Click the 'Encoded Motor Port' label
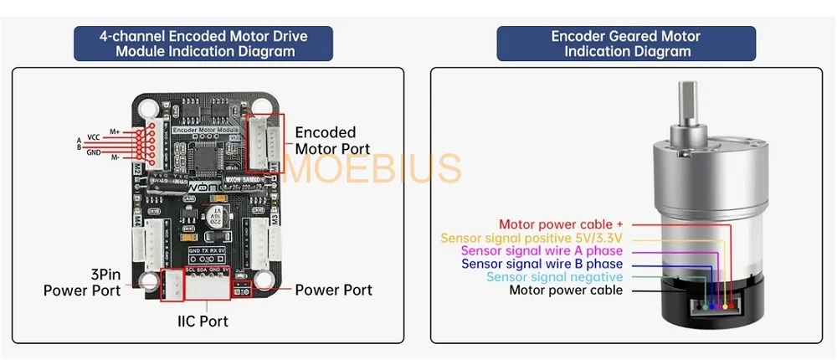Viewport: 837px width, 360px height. pyautogui.click(x=326, y=141)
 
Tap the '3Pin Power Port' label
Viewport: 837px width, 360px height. pyautogui.click(x=82, y=282)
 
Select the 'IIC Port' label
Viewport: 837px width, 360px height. pyautogui.click(x=202, y=321)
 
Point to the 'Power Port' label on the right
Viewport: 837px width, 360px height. pyautogui.click(x=333, y=290)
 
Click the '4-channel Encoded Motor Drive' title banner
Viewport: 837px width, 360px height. pyautogui.click(x=203, y=44)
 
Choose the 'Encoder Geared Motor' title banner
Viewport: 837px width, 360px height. pyautogui.click(x=626, y=44)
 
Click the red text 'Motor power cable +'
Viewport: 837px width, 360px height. pyautogui.click(x=561, y=224)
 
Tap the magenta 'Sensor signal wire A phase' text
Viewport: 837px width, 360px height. pyautogui.click(x=542, y=251)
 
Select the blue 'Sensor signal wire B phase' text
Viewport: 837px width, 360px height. pyautogui.click(x=542, y=265)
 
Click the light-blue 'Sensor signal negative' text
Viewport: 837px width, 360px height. pyautogui.click(x=554, y=277)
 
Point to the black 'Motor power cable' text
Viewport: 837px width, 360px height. pyautogui.click(x=566, y=291)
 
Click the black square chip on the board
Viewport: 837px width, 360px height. pyautogui.click(x=206, y=154)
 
